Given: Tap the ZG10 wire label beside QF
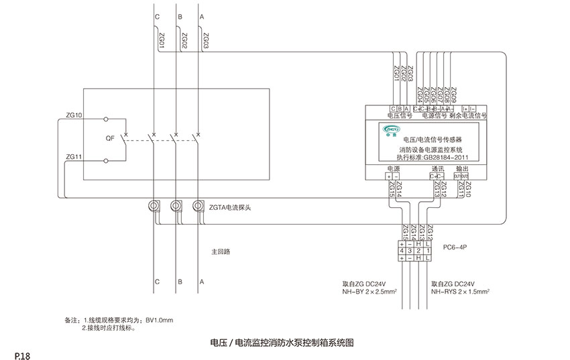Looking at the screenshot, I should coord(74,116).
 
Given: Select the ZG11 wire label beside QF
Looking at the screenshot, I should coord(74,157).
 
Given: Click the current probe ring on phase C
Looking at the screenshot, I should coord(155,205).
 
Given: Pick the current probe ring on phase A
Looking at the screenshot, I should coord(198,205).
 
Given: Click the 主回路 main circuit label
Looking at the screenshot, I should coord(221,252).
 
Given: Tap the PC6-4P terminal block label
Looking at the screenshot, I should coord(455,247).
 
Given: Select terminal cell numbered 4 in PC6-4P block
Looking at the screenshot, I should coord(402,251).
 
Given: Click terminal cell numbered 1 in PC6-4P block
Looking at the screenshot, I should coord(427,251).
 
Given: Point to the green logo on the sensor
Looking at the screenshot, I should coord(391,127).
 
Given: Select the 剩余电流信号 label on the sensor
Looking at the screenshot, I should coord(467,115).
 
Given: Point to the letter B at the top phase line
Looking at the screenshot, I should coord(179,15).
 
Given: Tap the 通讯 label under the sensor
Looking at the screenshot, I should coord(437,168).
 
